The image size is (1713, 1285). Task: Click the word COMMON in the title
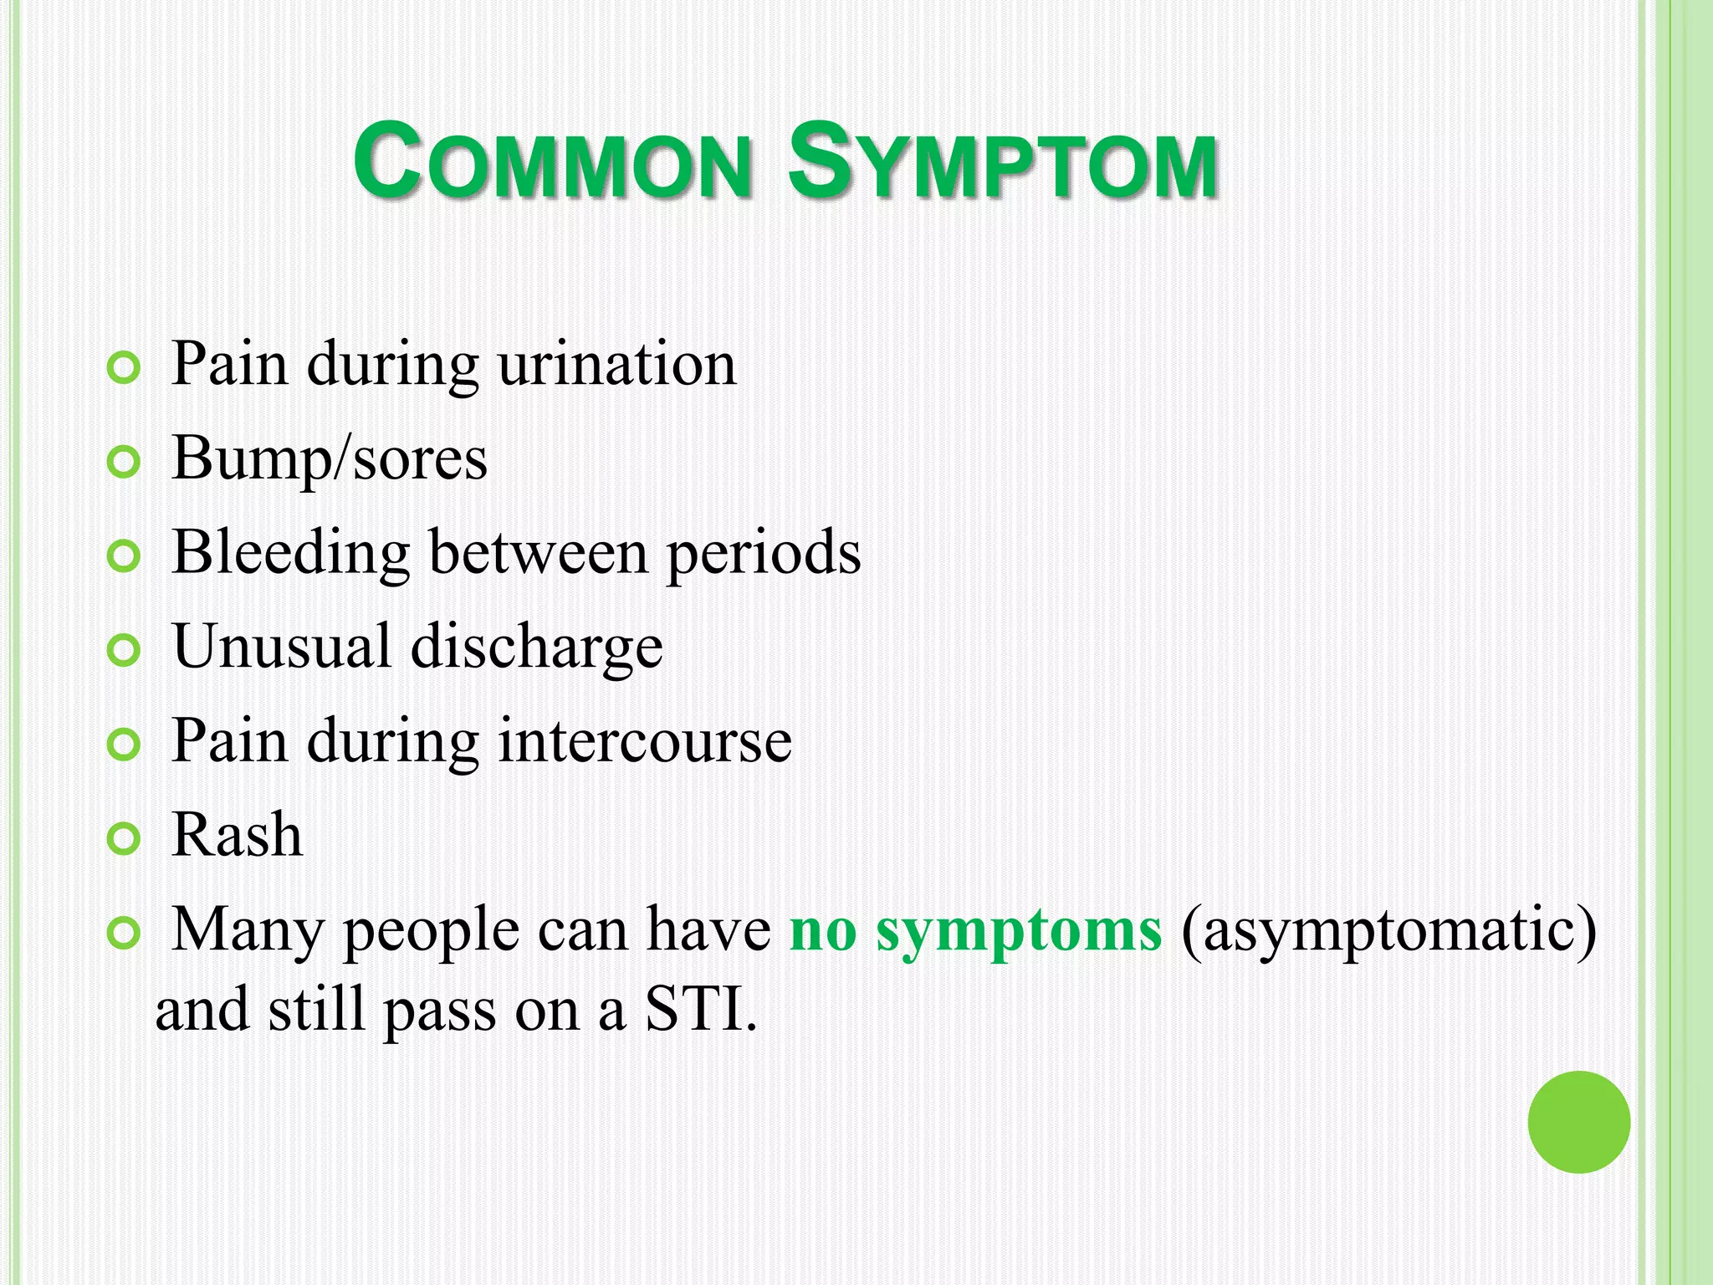pos(552,161)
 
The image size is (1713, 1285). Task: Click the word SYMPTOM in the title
pos(1002,161)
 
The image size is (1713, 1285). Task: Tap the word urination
pos(617,365)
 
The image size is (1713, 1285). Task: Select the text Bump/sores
pos(329,458)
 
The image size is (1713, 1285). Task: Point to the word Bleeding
pos(290,553)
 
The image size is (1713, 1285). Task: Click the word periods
pos(763,553)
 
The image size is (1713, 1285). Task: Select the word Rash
pos(237,835)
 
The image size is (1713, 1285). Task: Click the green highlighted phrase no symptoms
pos(975,930)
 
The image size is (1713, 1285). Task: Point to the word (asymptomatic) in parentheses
pos(1388,930)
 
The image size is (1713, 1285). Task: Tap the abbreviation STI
pos(699,1009)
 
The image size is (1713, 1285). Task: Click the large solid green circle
pos(1578,1122)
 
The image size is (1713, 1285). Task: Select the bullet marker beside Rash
pos(124,838)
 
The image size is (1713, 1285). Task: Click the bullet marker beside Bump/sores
pos(124,462)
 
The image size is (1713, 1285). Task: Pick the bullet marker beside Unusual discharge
pos(124,650)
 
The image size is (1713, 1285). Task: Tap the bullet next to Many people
pos(124,933)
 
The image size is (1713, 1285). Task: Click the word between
pos(539,553)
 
